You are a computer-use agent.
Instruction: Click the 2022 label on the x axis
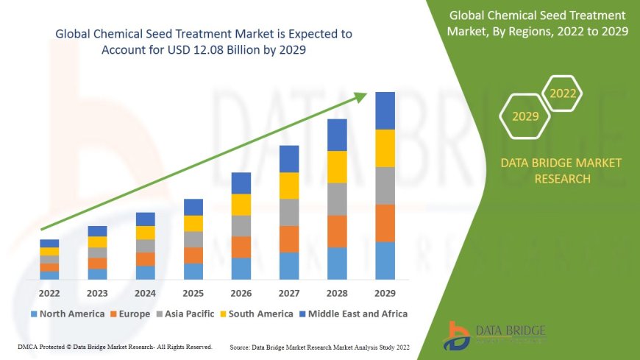click(x=49, y=294)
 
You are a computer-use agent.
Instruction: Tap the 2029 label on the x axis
click(x=385, y=294)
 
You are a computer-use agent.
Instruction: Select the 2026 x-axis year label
click(x=241, y=294)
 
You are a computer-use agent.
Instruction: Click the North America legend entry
click(x=67, y=314)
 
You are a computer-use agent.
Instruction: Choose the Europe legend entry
click(x=132, y=314)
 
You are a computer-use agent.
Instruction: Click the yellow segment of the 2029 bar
click(x=385, y=148)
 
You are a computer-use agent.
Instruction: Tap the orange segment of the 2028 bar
click(x=337, y=231)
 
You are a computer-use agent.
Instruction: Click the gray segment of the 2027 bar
click(x=289, y=212)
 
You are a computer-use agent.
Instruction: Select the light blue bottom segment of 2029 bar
click(x=385, y=261)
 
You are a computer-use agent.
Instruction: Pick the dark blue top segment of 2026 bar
click(x=241, y=183)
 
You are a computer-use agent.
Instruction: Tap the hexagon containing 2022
click(x=562, y=93)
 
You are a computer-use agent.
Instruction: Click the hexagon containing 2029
click(x=525, y=116)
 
